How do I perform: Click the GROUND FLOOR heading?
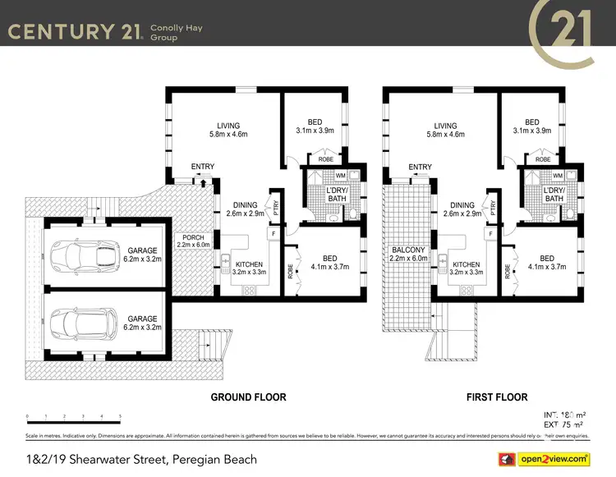coord(248,397)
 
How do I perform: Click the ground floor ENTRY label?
coord(202,167)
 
